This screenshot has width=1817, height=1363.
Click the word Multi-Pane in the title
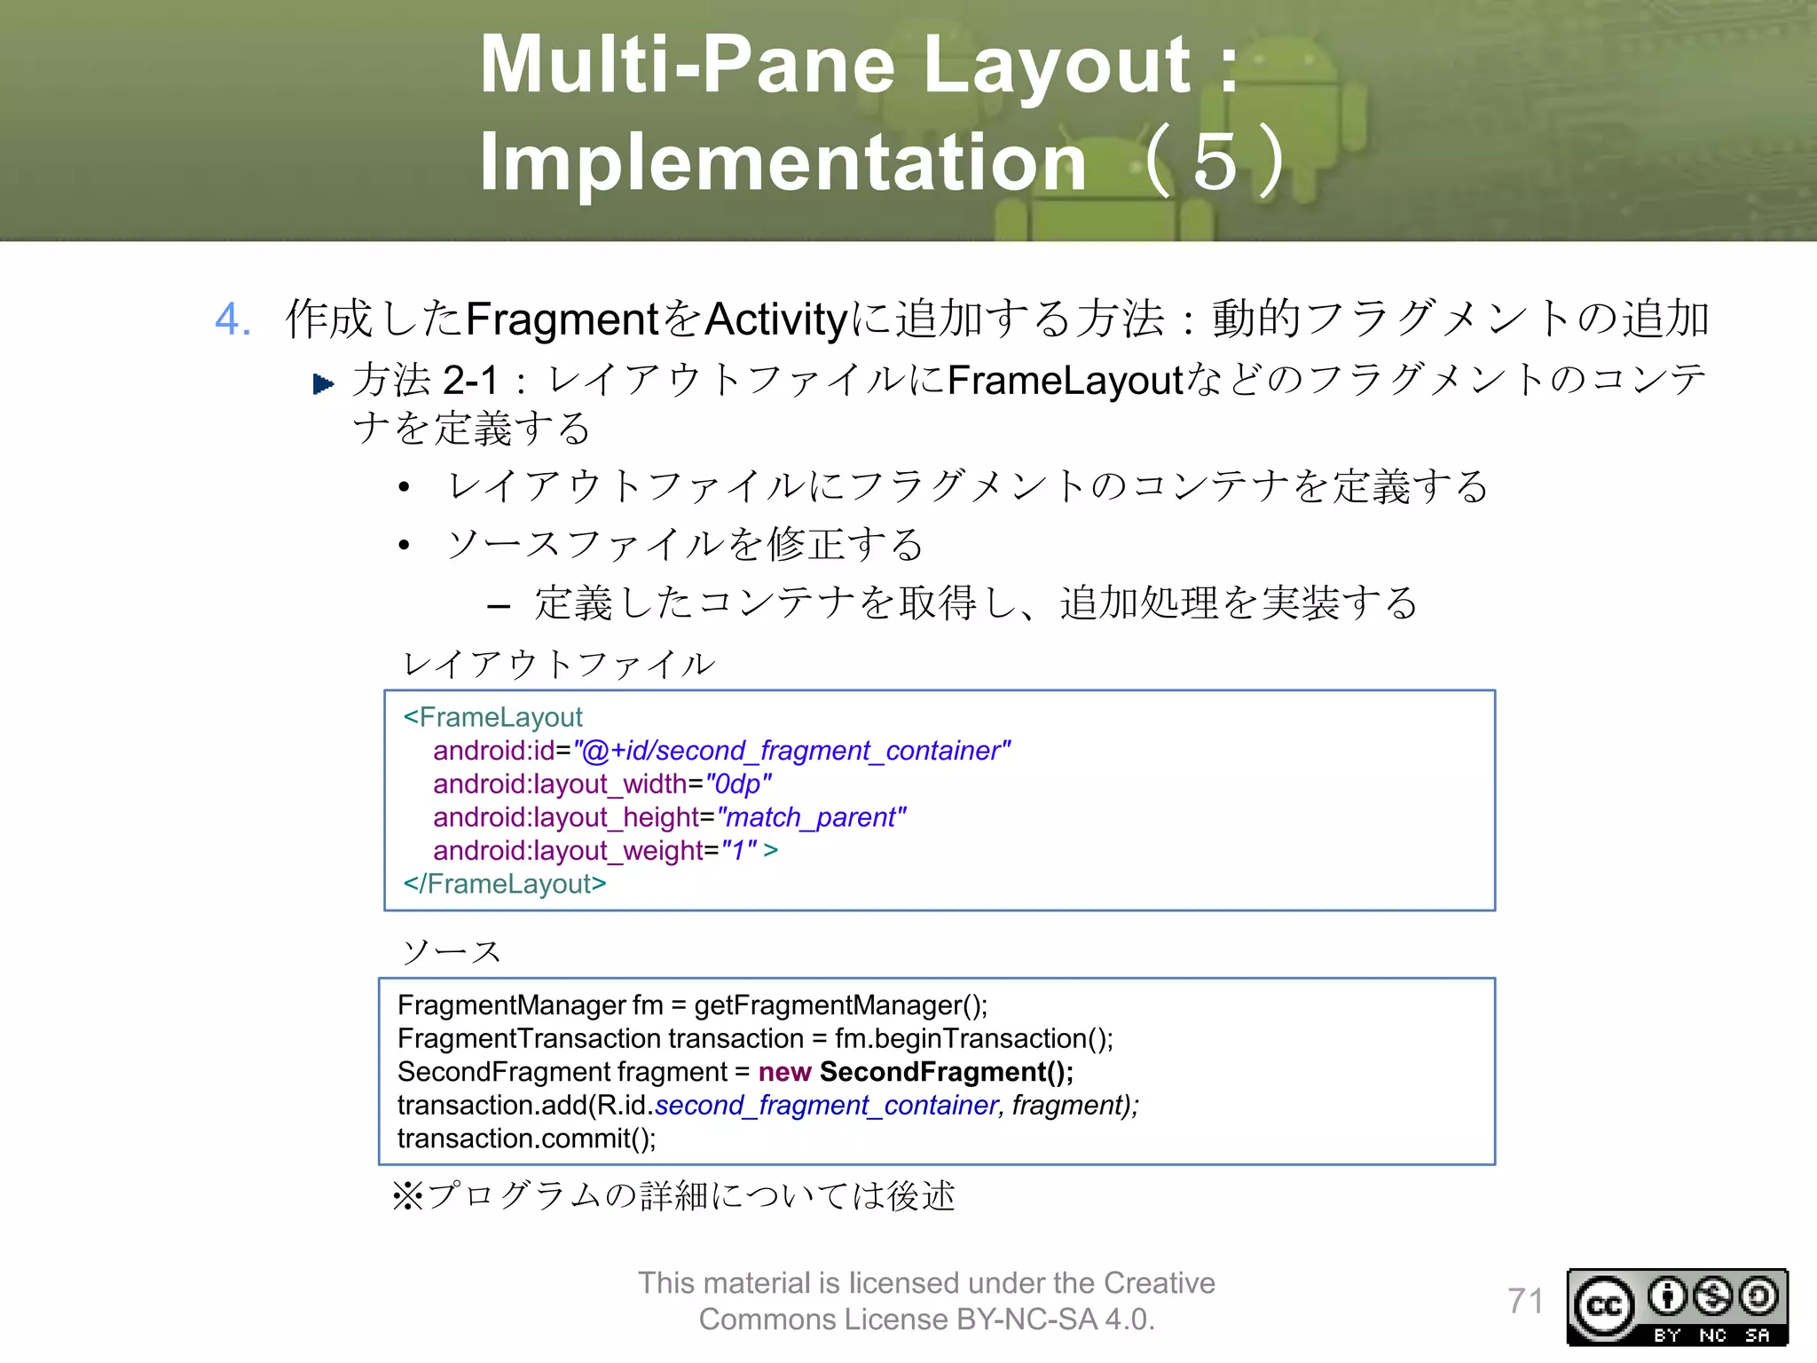tap(688, 64)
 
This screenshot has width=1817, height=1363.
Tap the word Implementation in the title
tap(783, 162)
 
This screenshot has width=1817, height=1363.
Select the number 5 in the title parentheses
tap(1215, 162)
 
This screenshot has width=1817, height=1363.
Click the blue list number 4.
tap(232, 319)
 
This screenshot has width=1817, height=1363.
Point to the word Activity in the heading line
tap(776, 319)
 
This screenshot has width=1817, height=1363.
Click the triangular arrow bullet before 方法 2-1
tap(324, 384)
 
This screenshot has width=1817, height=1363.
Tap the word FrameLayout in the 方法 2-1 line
tap(1066, 381)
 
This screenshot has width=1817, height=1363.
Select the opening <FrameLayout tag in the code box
tap(492, 717)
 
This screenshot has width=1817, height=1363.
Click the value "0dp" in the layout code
tap(738, 784)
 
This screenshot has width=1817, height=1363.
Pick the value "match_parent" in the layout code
tap(811, 817)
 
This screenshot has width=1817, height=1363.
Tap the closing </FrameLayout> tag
tap(505, 884)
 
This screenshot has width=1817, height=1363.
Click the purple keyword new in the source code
tap(784, 1072)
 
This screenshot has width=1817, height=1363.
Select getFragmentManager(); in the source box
tap(840, 1005)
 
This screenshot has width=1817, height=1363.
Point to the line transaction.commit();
tap(526, 1138)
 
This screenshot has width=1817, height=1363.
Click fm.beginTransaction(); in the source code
tap(973, 1038)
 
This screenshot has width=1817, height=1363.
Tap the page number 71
tap(1525, 1302)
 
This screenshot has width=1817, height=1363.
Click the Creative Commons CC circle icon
tap(1604, 1306)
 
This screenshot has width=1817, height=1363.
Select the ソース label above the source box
tap(452, 952)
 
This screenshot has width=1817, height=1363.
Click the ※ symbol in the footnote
tap(407, 1196)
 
